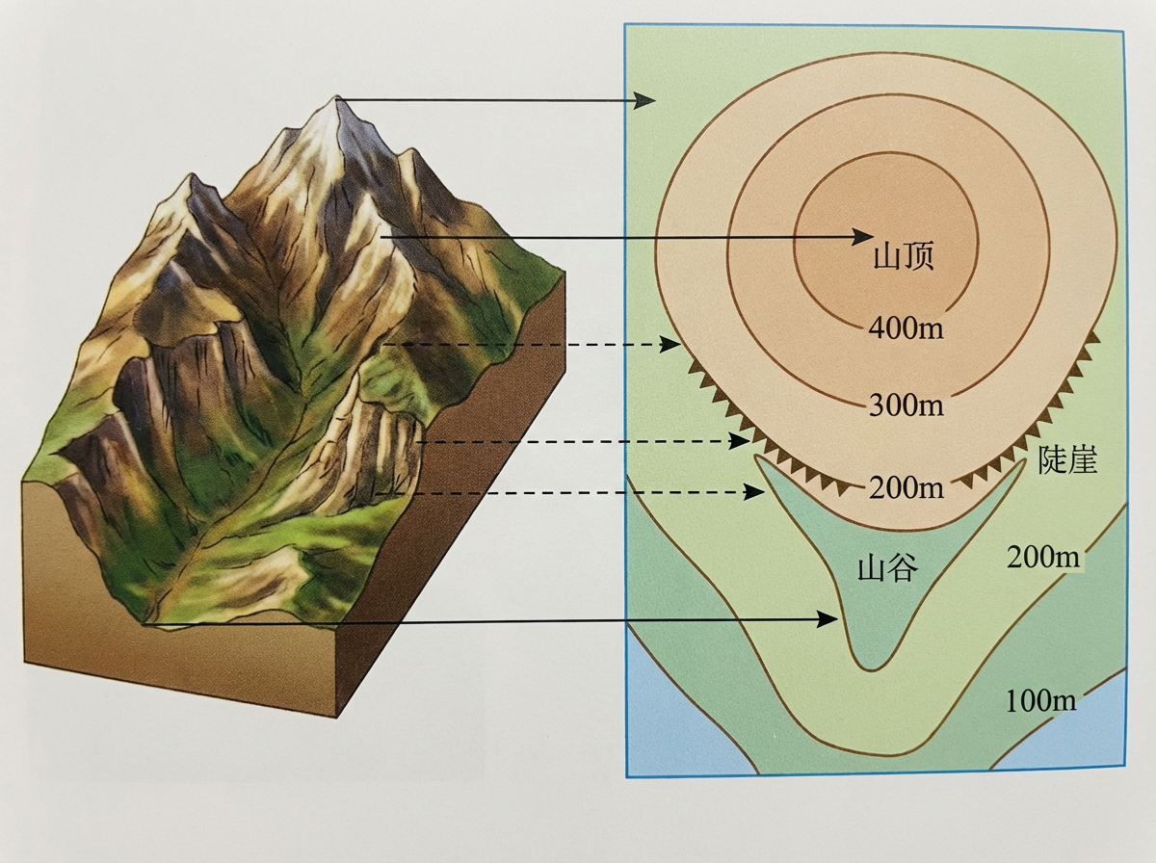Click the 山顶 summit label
tap(903, 257)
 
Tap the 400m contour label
tap(905, 327)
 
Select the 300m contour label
tap(905, 404)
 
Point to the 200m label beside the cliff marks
tap(905, 487)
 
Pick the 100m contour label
tap(1040, 700)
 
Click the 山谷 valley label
tap(886, 569)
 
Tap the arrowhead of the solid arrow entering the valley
tap(828, 618)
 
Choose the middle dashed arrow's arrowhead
tap(744, 441)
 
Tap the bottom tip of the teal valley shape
tap(869, 665)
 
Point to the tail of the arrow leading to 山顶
tap(382, 236)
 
